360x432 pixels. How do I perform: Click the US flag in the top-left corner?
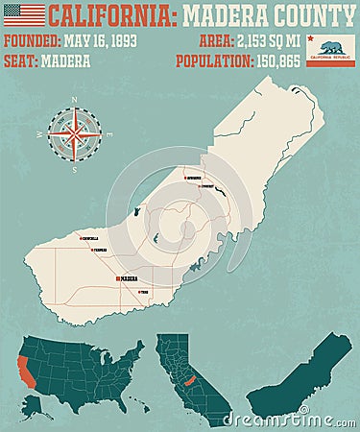click(x=24, y=15)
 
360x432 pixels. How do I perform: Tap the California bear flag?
click(x=337, y=50)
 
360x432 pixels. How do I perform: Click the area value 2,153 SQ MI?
click(x=267, y=41)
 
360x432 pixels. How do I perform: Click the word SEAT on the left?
click(x=20, y=60)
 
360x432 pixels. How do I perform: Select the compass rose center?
click(x=74, y=133)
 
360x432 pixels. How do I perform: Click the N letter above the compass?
click(x=74, y=100)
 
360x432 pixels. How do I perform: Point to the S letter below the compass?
click(x=74, y=169)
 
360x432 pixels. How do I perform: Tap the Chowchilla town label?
click(x=91, y=238)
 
